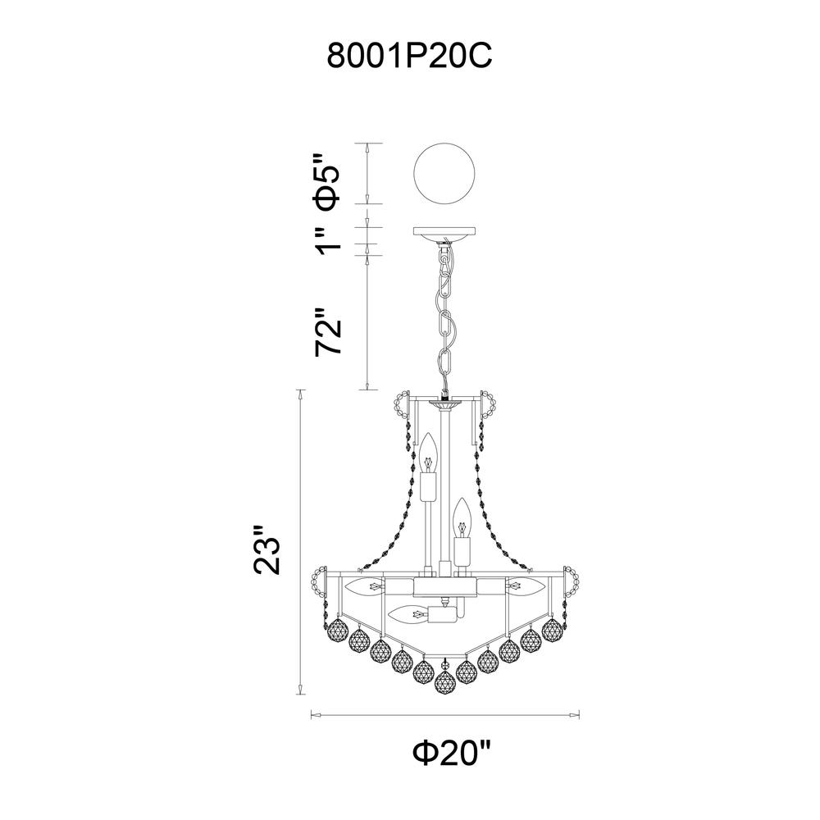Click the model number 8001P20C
(x=409, y=56)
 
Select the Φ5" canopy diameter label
(x=326, y=181)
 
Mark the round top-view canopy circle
(x=444, y=174)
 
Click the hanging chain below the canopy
(x=445, y=319)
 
